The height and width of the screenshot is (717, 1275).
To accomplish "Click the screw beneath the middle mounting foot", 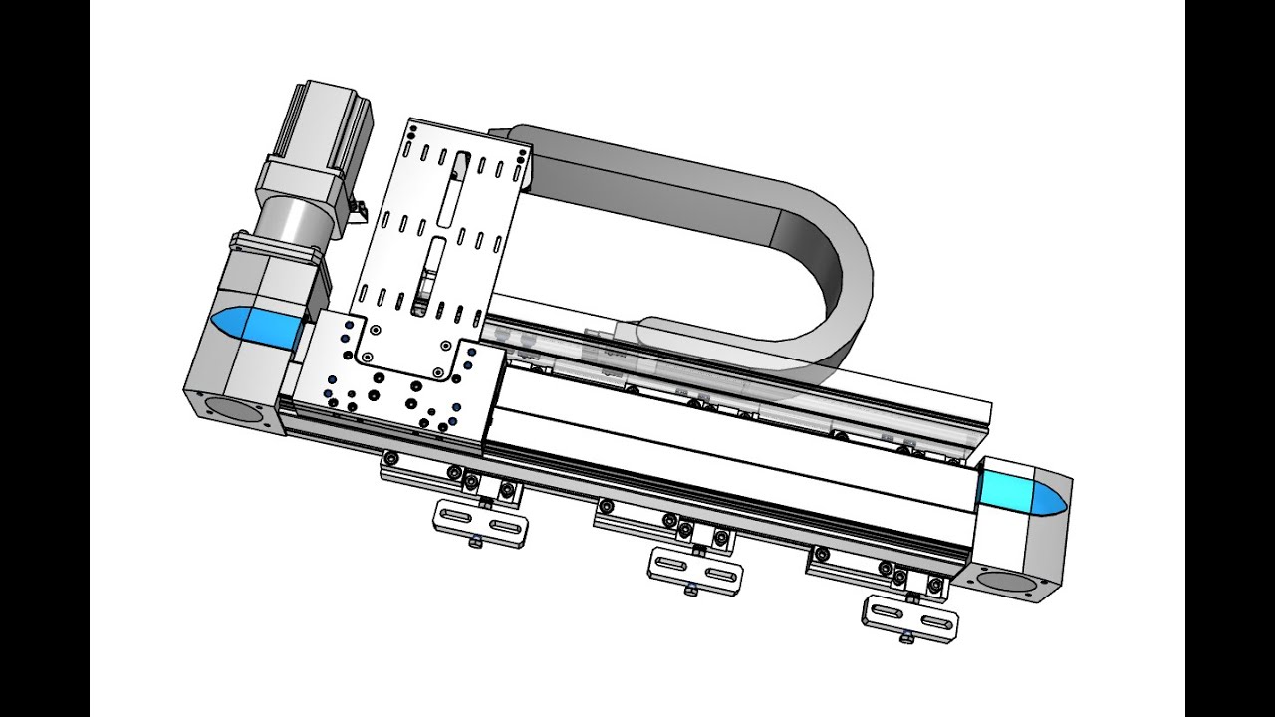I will pos(688,592).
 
